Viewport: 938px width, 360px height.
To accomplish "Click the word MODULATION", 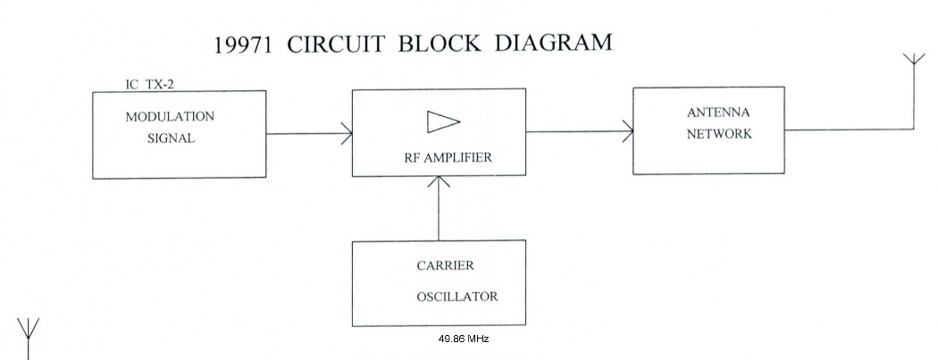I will tap(170, 117).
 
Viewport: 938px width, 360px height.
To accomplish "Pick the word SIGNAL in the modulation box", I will tap(171, 138).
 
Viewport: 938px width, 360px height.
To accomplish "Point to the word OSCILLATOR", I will tap(456, 296).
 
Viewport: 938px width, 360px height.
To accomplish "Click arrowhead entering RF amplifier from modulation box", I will tap(347, 134).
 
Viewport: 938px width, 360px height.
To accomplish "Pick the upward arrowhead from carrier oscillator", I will tap(438, 182).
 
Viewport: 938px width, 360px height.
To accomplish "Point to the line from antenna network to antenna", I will tap(849, 130).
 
